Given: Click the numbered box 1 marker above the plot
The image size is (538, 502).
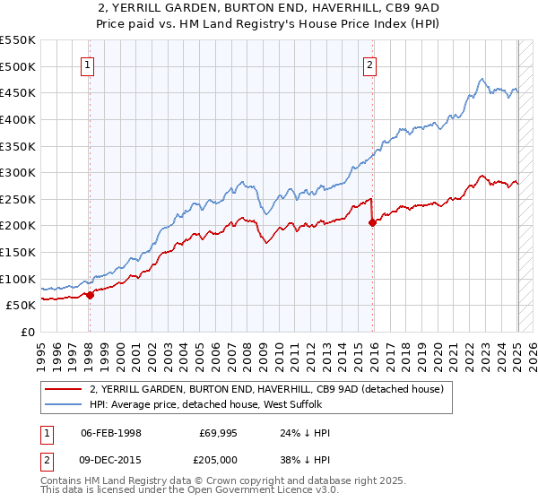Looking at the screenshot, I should point(89,64).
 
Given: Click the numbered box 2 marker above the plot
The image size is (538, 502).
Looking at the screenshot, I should point(370,64).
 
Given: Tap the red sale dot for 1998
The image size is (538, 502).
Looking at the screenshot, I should point(90,295).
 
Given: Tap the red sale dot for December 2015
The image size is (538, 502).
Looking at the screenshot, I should point(372,223).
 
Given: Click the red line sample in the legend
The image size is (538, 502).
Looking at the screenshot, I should point(62,389).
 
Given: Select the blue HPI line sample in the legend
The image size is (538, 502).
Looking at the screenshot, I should point(62,405).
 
